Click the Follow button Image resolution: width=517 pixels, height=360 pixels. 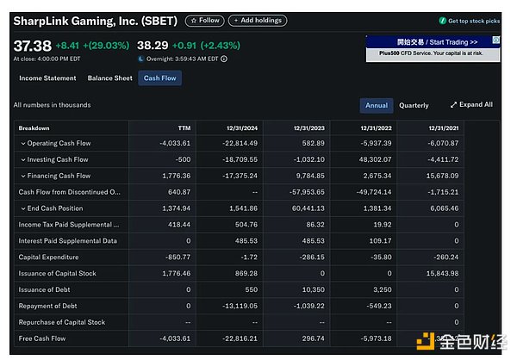204,20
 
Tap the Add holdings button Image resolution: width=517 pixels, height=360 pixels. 258,20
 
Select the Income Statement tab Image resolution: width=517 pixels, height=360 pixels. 47,78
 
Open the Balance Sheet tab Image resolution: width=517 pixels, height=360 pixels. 110,78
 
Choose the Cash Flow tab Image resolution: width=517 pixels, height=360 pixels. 160,78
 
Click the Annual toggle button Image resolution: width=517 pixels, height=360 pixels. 377,105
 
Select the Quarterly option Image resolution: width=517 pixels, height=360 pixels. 414,105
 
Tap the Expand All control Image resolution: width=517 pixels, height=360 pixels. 471,105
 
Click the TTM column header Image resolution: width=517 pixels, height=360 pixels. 184,127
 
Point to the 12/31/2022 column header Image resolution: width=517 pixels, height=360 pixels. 374,127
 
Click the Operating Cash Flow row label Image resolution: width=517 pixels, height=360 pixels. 59,143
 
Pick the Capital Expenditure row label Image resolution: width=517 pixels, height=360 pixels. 48,257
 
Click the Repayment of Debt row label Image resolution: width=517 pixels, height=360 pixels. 47,306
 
